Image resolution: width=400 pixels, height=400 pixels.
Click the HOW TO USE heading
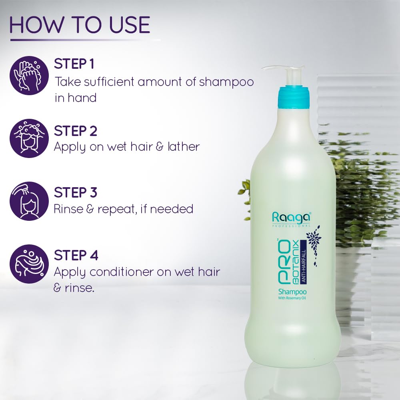80,25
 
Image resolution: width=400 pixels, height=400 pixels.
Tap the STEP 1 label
74,64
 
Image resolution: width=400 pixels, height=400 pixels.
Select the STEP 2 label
76,131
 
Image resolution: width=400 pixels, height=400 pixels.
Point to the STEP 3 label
76,192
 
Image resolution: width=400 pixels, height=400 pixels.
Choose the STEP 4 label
76,255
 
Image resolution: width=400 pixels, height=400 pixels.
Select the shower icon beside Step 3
29,201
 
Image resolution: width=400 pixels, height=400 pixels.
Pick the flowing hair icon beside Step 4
29,264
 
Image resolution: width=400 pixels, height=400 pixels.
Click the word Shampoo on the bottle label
294,292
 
